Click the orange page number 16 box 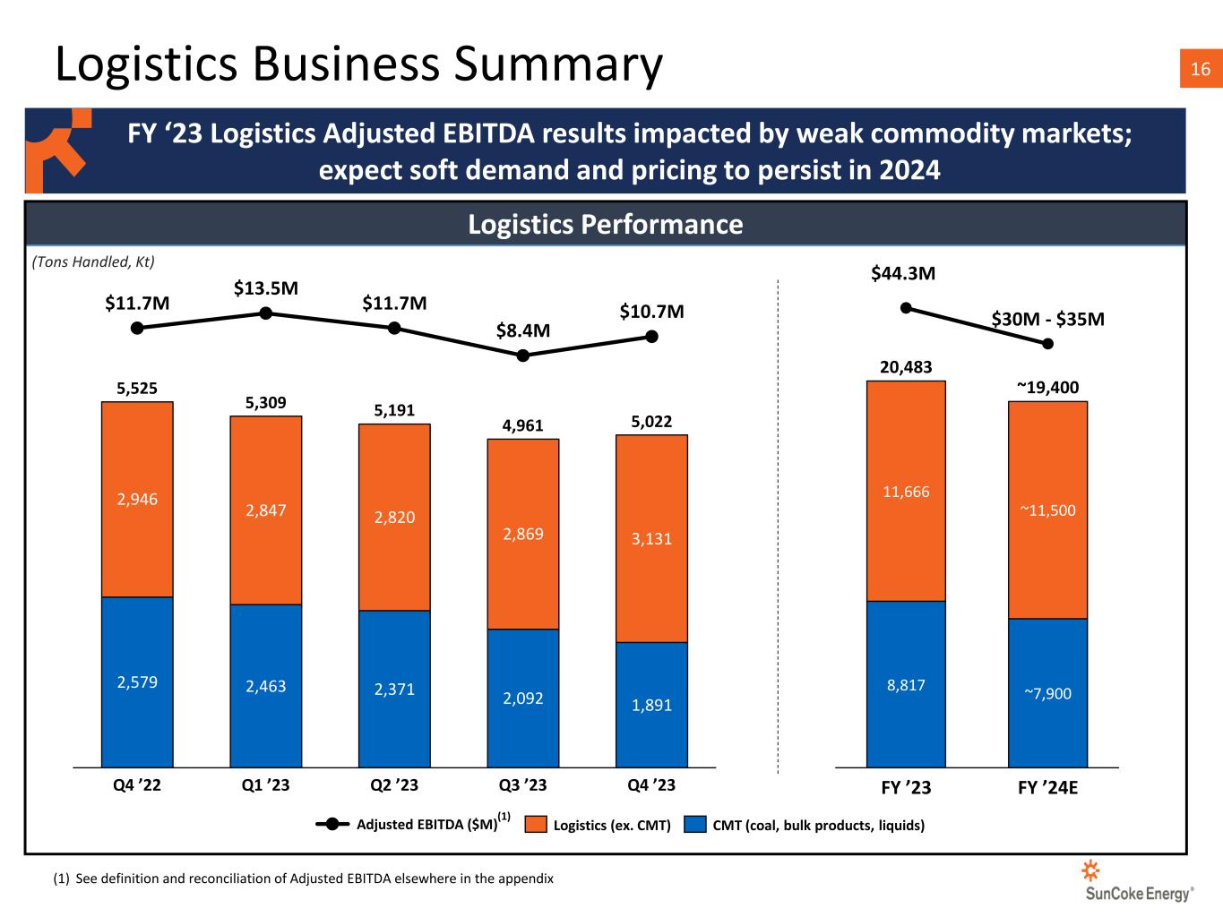click(x=1201, y=68)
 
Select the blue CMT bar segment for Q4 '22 click(x=137, y=682)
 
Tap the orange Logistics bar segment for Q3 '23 click(x=522, y=534)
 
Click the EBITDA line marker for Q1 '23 click(x=266, y=313)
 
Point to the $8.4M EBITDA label click(x=522, y=330)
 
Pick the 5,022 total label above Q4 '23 click(x=651, y=422)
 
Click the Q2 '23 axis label click(x=394, y=785)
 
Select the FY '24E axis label click(x=1047, y=788)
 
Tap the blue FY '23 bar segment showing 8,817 click(x=906, y=684)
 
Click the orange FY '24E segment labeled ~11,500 click(x=1047, y=510)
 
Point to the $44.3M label click(x=903, y=273)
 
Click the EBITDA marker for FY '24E click(x=1047, y=344)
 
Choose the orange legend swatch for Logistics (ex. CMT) click(x=536, y=825)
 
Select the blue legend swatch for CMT click(x=694, y=825)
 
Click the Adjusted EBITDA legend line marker click(x=332, y=824)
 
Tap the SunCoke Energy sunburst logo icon click(x=1090, y=870)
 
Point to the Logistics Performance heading click(x=605, y=225)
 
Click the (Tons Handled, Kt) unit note click(x=93, y=261)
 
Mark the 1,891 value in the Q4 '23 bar click(x=651, y=706)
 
